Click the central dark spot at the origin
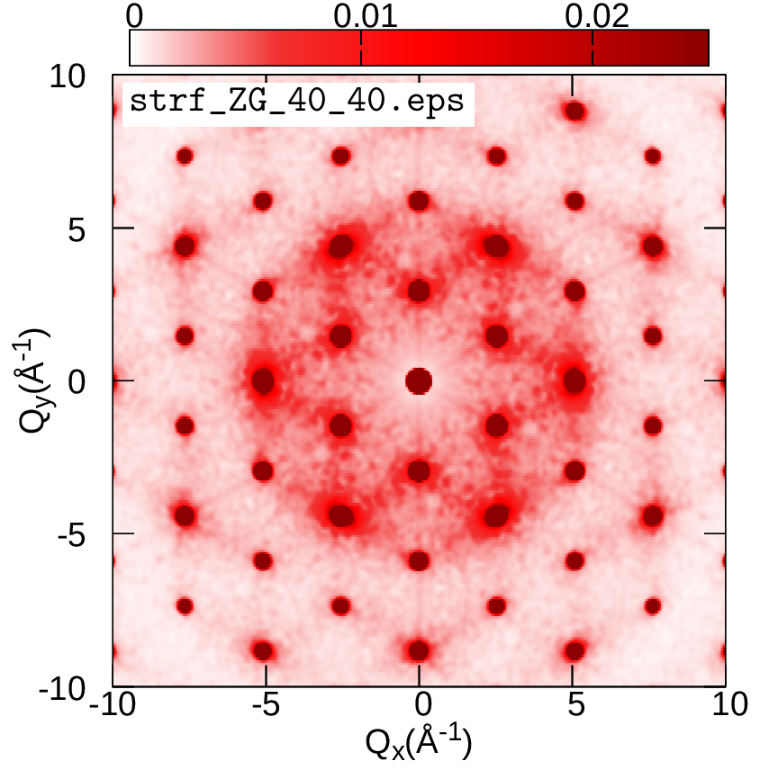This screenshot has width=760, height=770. [x=419, y=381]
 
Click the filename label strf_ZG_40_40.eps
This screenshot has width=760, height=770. [x=297, y=101]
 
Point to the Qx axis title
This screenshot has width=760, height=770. [x=418, y=744]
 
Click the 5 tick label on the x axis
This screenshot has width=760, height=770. [x=573, y=705]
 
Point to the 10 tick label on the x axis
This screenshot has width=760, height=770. [x=725, y=705]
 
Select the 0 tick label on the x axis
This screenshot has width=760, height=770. [x=419, y=705]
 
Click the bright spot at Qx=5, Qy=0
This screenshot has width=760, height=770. [x=574, y=381]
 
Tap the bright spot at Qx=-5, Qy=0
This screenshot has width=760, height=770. [x=263, y=381]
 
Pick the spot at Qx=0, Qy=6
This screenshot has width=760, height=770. [x=418, y=201]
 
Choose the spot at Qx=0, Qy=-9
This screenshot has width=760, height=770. [x=418, y=649]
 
